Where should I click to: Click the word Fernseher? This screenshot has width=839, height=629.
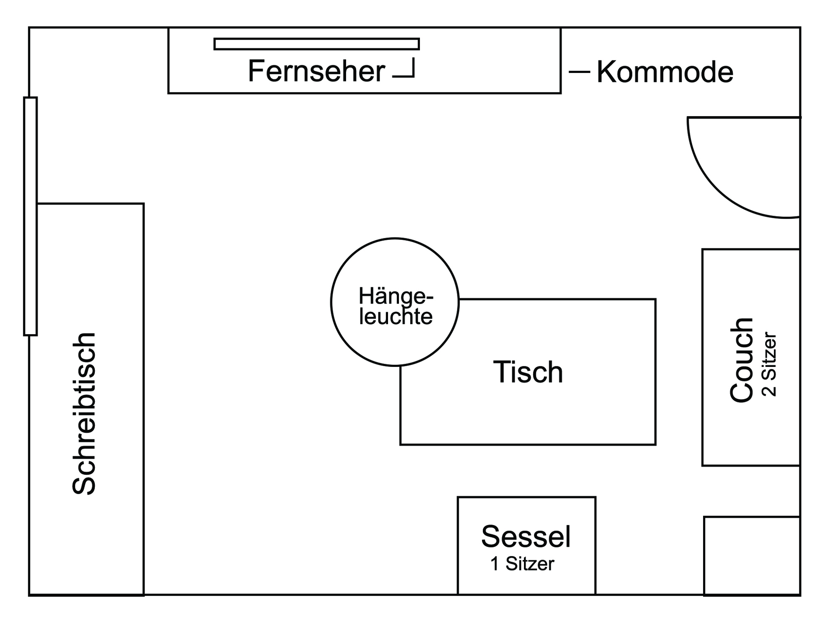pyautogui.click(x=316, y=71)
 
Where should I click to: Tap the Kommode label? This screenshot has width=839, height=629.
pyautogui.click(x=665, y=72)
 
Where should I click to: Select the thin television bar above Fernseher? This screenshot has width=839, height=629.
pyautogui.click(x=316, y=44)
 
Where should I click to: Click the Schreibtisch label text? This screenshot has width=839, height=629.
pyautogui.click(x=84, y=414)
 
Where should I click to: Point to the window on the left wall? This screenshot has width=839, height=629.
pyautogui.click(x=31, y=216)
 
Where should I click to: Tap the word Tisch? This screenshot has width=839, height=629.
pyautogui.click(x=528, y=372)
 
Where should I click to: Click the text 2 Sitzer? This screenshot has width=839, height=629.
pyautogui.click(x=769, y=365)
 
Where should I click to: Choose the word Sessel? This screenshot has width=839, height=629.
pyautogui.click(x=526, y=536)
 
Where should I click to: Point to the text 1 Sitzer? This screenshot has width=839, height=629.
pyautogui.click(x=522, y=564)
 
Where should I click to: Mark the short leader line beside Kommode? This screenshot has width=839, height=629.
pyautogui.click(x=579, y=72)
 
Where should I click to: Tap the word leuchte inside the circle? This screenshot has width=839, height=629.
pyautogui.click(x=396, y=317)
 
